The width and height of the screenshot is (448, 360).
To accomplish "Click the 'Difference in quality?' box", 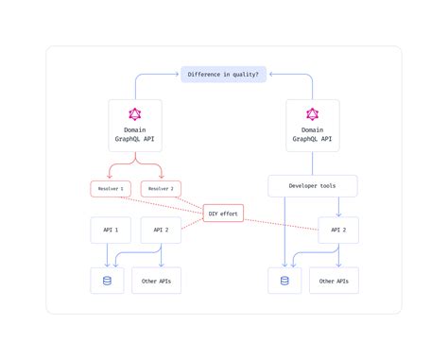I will (x=224, y=74).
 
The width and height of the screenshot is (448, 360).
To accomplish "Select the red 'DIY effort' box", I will (x=223, y=214).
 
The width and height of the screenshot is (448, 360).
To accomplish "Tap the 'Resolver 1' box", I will (x=109, y=189).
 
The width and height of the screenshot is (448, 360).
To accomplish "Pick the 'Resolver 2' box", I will (x=161, y=189).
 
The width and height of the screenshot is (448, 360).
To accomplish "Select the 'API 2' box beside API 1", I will (x=161, y=231).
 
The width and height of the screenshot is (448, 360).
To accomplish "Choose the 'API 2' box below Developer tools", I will (x=337, y=231).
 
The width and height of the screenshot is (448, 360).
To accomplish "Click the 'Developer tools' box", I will (x=313, y=185).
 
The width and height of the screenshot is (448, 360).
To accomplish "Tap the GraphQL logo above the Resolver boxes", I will (x=134, y=115).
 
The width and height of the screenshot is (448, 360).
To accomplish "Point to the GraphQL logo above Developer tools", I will (x=313, y=115).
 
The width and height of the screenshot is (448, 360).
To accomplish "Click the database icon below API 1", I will (x=107, y=281).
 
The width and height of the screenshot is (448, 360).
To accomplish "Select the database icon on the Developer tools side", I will (x=284, y=281).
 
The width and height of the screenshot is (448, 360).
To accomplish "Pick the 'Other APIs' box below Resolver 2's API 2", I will (x=156, y=281).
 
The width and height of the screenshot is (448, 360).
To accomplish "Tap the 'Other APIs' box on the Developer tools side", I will (x=334, y=281).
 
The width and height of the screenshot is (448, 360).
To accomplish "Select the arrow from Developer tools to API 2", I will (x=338, y=206).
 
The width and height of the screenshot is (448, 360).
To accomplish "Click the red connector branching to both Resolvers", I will (x=134, y=168).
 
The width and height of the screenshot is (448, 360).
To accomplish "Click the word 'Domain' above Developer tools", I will (x=313, y=129).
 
